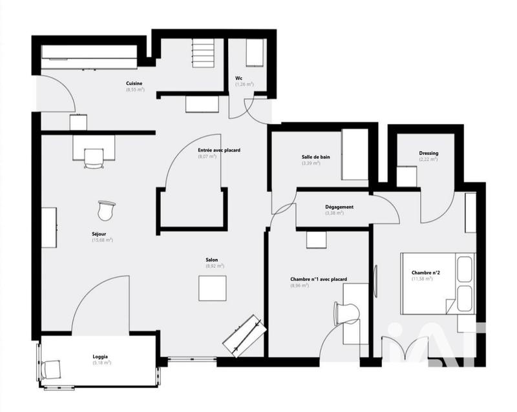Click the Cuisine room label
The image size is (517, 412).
click(x=134, y=83)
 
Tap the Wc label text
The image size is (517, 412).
click(x=238, y=78)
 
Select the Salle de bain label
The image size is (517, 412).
click(x=315, y=157)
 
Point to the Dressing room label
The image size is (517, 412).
click(x=428, y=153)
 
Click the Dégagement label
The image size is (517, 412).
click(x=339, y=207)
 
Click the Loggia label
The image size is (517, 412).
click(x=100, y=356)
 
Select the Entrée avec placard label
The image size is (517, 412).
click(x=219, y=150)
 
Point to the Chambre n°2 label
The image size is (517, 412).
click(x=426, y=273)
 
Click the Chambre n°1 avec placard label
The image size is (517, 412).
click(x=319, y=279)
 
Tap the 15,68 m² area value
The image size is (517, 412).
click(x=102, y=240)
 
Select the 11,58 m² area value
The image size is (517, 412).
click(x=426, y=278)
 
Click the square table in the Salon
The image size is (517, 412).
click(x=213, y=288)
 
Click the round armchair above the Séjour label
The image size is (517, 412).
click(x=106, y=210)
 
